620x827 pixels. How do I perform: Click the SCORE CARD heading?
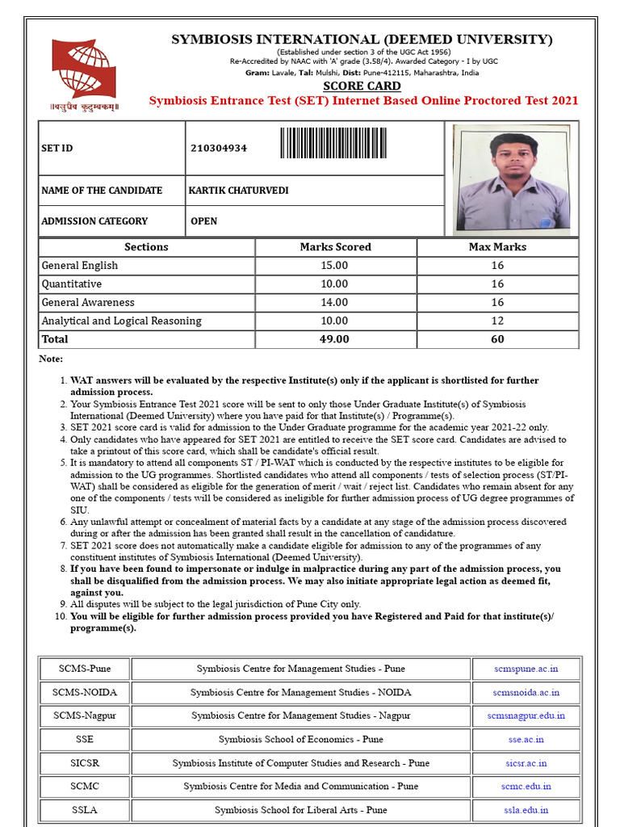tap(362, 86)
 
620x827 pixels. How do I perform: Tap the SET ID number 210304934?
tap(219, 149)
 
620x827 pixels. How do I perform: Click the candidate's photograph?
tap(511, 179)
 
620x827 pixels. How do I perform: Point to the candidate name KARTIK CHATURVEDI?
tap(238, 191)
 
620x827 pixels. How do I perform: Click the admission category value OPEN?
tap(203, 221)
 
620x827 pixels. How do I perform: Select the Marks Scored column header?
tap(335, 247)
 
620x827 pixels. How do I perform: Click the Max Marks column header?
tap(497, 247)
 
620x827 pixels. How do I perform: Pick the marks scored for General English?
tap(335, 266)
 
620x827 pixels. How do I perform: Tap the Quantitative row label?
tap(72, 284)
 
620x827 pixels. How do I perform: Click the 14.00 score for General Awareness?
tap(335, 303)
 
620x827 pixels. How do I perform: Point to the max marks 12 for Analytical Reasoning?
tap(497, 321)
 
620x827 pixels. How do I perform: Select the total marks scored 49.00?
tap(335, 340)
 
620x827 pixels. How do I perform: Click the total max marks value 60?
tap(497, 340)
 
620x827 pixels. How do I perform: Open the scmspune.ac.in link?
tap(526, 669)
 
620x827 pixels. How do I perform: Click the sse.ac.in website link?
tap(526, 739)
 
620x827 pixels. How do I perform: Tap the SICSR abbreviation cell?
tap(85, 763)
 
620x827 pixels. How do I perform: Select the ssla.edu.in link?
tap(526, 810)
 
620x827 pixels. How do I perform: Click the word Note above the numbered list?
tap(50, 359)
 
